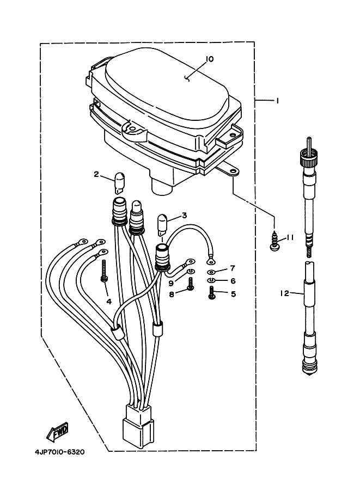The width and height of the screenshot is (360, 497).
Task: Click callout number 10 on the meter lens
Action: [x=210, y=59]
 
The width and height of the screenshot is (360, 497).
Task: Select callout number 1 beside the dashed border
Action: [x=278, y=101]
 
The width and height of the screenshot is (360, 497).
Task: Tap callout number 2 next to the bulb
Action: [x=96, y=174]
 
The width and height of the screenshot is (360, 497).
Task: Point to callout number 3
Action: [x=184, y=216]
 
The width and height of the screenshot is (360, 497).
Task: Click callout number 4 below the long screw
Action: [x=109, y=302]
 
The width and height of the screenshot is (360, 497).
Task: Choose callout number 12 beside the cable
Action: [x=284, y=293]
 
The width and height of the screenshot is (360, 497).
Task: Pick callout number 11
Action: [x=290, y=237]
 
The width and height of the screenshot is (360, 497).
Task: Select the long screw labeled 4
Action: [x=104, y=271]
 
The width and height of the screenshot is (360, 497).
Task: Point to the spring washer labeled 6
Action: [x=211, y=280]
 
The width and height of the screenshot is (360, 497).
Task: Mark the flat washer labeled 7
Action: [x=211, y=272]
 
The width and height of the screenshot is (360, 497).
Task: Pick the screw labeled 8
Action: [x=190, y=284]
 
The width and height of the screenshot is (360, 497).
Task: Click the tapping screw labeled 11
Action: [x=273, y=243]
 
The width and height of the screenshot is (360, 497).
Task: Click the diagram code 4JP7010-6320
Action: [x=60, y=452]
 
